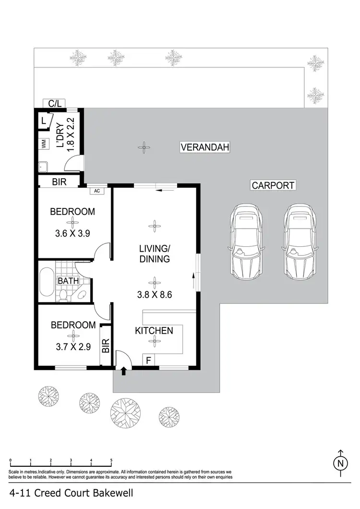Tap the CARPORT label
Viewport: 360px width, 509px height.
(272, 185)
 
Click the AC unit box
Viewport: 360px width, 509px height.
(97, 191)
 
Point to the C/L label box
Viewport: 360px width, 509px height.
(54, 103)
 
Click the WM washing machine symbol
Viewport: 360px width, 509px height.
(43, 143)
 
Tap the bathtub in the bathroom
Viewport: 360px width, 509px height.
(47, 282)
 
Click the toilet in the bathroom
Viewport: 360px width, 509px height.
(62, 294)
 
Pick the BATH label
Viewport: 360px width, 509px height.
(67, 280)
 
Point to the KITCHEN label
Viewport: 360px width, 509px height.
(154, 330)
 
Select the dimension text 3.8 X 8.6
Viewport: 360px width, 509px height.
(154, 294)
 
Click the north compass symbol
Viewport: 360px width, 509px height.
(340, 462)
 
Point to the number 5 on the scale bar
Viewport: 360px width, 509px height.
(111, 461)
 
